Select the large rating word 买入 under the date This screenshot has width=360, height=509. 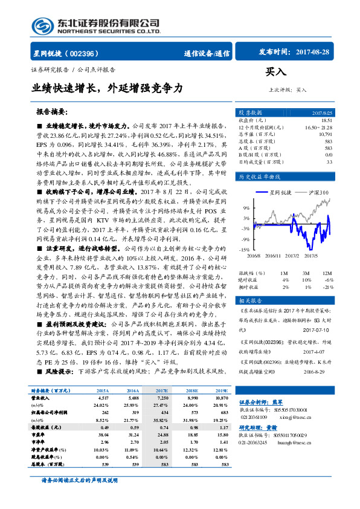point(276,71)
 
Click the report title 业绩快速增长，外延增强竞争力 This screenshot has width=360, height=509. point(107,89)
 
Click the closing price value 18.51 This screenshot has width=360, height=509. point(326,120)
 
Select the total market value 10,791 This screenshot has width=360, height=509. point(326,134)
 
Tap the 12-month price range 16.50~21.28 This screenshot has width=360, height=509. point(318,127)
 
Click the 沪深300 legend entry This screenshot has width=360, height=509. point(315,192)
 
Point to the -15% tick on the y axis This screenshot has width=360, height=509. point(243,249)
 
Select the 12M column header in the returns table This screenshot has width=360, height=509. point(328,273)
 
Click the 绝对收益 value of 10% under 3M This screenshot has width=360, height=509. point(306,280)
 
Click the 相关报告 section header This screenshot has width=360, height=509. point(250,300)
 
